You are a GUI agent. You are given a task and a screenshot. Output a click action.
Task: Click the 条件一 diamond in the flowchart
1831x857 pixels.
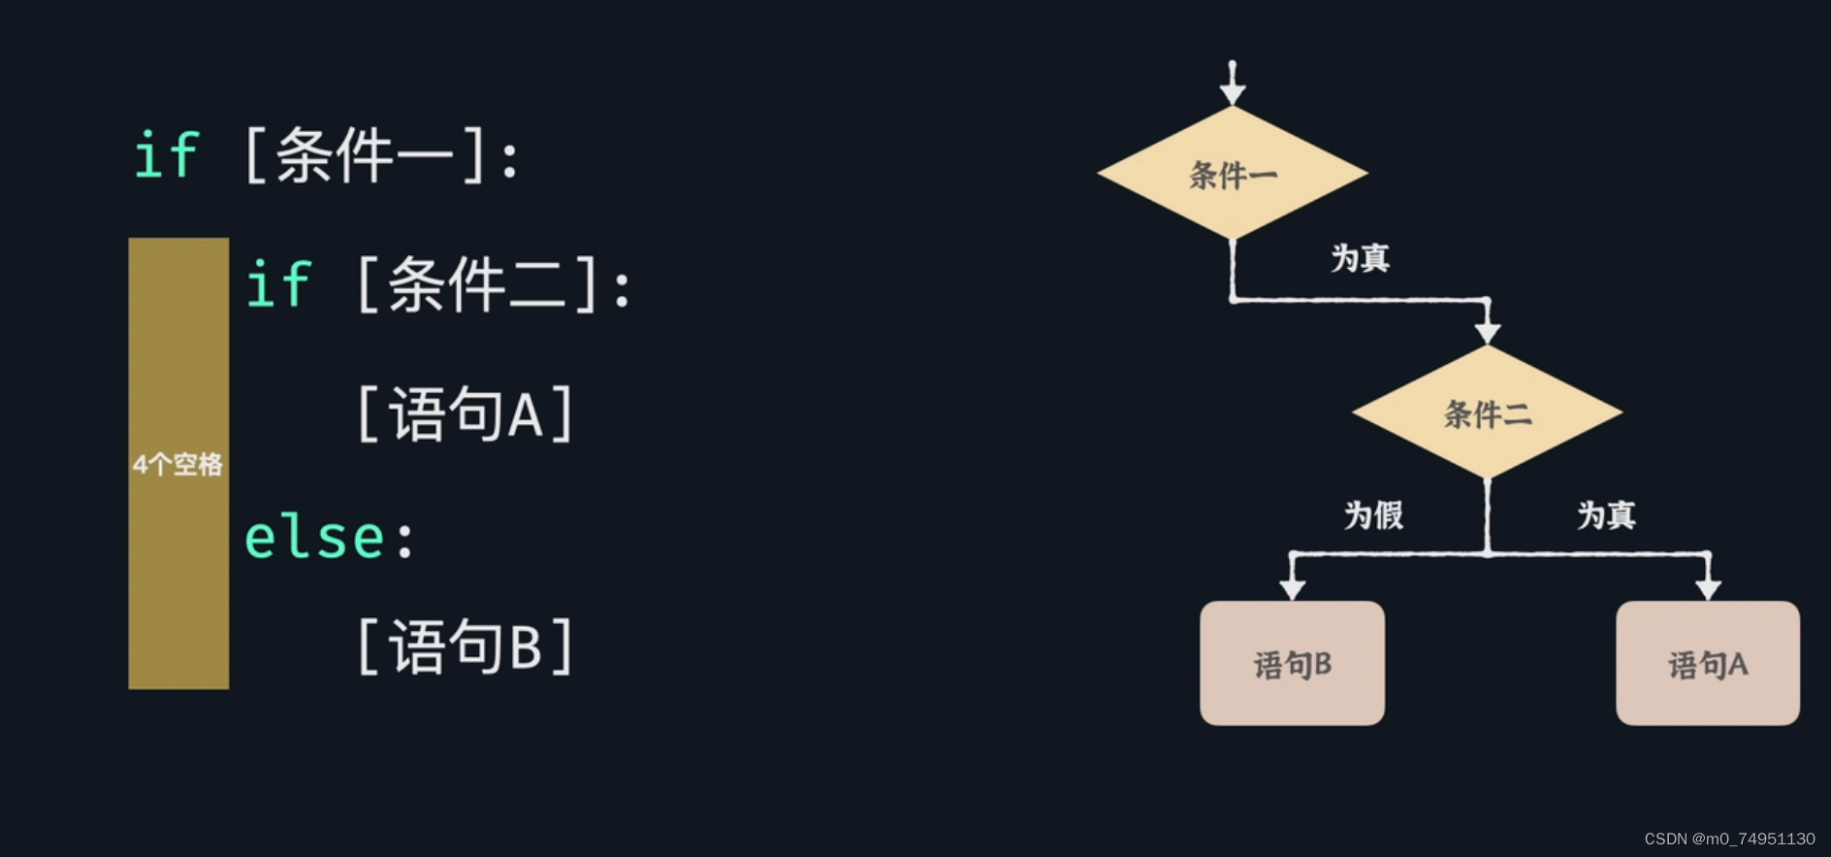point(1232,174)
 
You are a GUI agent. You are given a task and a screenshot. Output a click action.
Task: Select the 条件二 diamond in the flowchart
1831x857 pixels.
point(1487,412)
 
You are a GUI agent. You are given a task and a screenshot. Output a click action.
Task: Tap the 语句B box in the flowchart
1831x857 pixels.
point(1292,664)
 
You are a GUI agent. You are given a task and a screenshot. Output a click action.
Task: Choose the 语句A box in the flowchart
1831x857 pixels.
point(1707,664)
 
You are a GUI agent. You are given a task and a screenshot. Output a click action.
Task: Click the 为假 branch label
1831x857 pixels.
point(1373,514)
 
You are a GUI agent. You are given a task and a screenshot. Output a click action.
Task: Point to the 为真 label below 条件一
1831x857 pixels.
point(1360,258)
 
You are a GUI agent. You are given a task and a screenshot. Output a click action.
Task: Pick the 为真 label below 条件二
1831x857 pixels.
point(1606,514)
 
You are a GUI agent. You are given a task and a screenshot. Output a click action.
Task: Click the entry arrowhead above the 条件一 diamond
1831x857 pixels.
point(1233,93)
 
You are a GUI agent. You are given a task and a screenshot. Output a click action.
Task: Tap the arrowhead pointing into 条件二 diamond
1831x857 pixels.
point(1488,333)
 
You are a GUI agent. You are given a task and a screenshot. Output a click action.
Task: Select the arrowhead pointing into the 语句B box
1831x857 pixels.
point(1293,588)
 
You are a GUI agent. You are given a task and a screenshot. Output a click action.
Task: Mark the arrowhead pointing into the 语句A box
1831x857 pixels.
point(1708,588)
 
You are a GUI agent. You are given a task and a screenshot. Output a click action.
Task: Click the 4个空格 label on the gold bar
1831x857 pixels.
point(178,464)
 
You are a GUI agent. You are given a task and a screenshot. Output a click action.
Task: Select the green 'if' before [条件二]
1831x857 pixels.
point(279,284)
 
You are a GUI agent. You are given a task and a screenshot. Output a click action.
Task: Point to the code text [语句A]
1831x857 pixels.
point(466,414)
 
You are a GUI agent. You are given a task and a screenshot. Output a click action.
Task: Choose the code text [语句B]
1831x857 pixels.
point(466,646)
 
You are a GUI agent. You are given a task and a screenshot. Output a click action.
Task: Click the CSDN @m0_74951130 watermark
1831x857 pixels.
point(1729,839)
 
